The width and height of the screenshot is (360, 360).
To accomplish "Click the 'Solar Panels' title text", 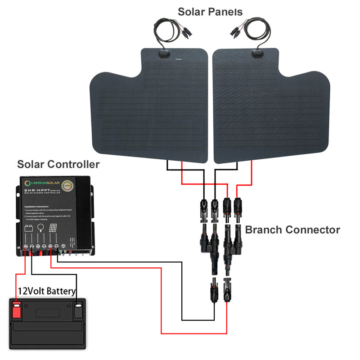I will coord(210,11).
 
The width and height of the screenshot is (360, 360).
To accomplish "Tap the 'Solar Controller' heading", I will coord(58,164).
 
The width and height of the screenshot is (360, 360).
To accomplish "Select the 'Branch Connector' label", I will coord(292,230).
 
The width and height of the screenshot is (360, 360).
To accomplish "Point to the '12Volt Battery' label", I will coord(46,291).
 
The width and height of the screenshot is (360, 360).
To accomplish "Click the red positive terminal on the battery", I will coord(17,310).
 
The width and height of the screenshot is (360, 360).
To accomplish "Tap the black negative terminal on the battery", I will coord(79,310).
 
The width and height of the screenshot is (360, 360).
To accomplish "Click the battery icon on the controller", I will coord(29,228).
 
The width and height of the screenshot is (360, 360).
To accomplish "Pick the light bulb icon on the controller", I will coord(41,228).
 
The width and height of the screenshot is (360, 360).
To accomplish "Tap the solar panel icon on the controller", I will coord(53,228).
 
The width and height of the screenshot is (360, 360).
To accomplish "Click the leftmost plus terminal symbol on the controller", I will coord(26,246).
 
